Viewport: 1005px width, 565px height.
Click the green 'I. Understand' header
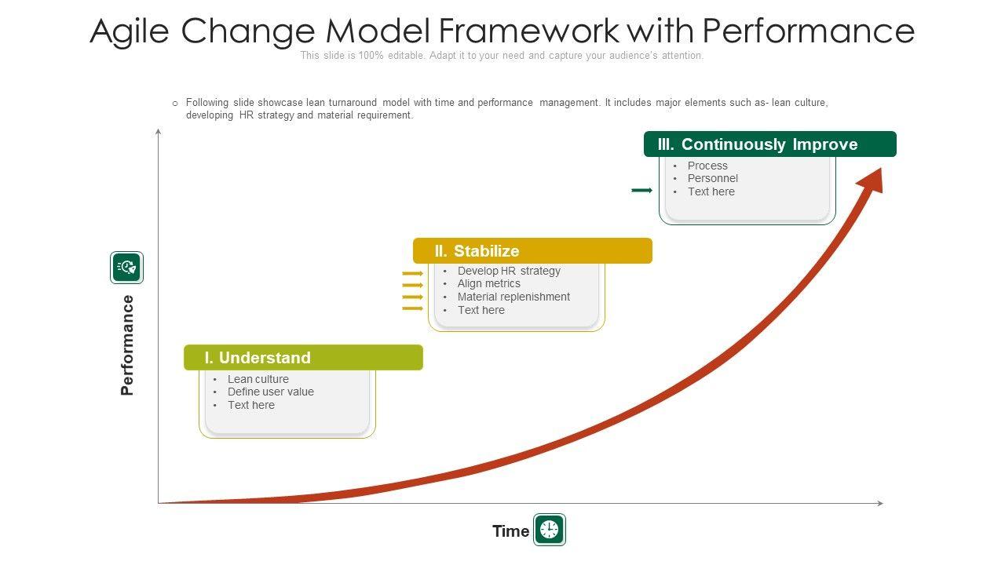click(x=303, y=357)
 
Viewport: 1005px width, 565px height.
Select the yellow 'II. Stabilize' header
click(x=532, y=250)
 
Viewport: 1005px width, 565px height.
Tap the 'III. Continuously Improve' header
click(x=770, y=144)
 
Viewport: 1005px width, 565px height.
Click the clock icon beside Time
click(x=550, y=530)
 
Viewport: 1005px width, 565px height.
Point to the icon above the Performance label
click(x=126, y=268)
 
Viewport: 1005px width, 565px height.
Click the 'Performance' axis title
click(x=127, y=344)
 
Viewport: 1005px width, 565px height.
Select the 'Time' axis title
click(x=510, y=531)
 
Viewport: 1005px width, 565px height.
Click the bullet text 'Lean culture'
click(x=258, y=379)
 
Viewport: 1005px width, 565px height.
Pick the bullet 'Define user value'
click(x=271, y=392)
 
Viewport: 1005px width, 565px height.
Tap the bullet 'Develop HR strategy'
click(x=509, y=271)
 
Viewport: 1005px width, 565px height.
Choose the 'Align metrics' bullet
click(x=488, y=283)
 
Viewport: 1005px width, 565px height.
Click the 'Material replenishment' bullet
click(x=513, y=297)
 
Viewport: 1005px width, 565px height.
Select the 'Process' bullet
click(x=707, y=166)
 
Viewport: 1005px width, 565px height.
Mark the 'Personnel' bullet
click(x=712, y=178)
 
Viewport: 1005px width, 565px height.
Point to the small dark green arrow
click(x=641, y=190)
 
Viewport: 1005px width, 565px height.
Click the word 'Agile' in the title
click(x=130, y=31)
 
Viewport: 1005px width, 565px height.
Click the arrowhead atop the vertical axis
click(x=158, y=131)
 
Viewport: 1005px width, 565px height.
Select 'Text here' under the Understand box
click(x=250, y=405)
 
